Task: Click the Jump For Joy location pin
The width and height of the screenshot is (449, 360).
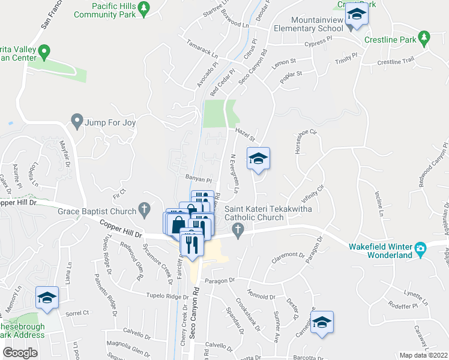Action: (x=76, y=122)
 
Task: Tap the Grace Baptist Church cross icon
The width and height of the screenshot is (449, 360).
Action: (x=143, y=210)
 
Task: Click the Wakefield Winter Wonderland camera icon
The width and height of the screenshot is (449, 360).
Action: (x=420, y=247)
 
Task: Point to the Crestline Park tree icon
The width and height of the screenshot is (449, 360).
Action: (x=424, y=38)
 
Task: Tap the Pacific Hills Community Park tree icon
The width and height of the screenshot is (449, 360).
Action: (x=143, y=8)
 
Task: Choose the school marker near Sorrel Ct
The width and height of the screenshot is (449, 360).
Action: (x=46, y=298)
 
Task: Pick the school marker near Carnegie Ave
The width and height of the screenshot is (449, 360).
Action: (x=322, y=322)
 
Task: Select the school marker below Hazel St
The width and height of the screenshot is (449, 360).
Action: (x=258, y=159)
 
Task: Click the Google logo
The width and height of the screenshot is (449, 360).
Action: (x=20, y=352)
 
